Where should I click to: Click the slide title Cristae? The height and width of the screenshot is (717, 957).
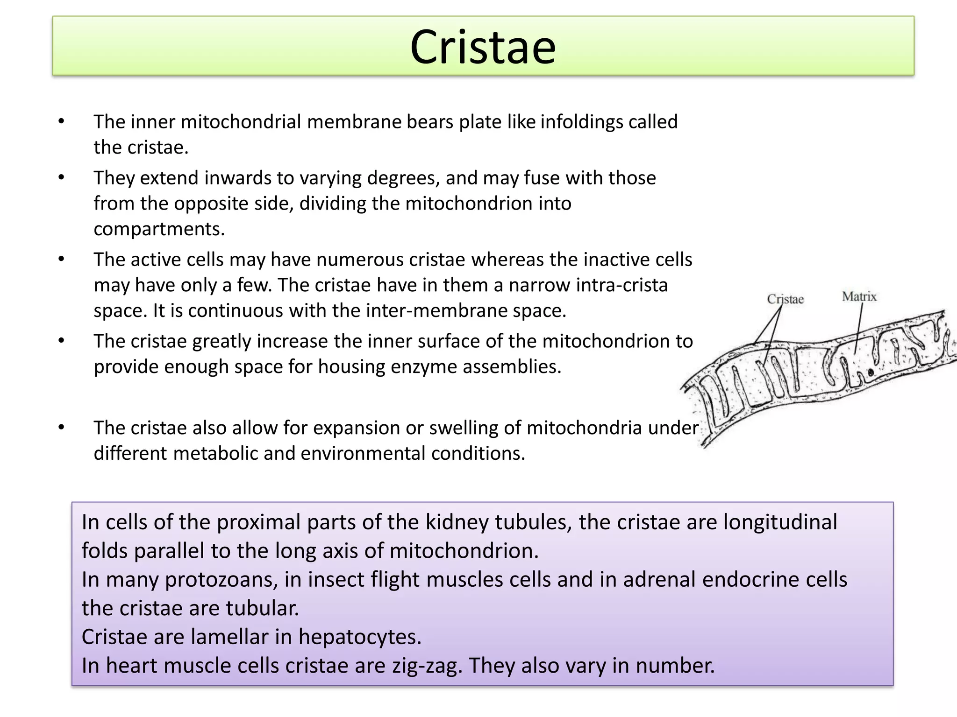483,47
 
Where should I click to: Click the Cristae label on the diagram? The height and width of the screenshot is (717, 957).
785,299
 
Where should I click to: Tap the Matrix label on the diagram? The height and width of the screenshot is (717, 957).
859,296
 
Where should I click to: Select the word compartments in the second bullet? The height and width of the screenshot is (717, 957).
159,229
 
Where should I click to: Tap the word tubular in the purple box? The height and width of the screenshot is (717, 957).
262,608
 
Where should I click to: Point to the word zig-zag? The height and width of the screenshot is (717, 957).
427,666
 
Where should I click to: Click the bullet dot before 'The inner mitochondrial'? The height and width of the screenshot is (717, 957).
61,122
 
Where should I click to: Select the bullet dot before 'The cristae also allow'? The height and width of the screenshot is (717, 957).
61,428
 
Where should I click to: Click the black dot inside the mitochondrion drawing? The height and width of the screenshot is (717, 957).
871,372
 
